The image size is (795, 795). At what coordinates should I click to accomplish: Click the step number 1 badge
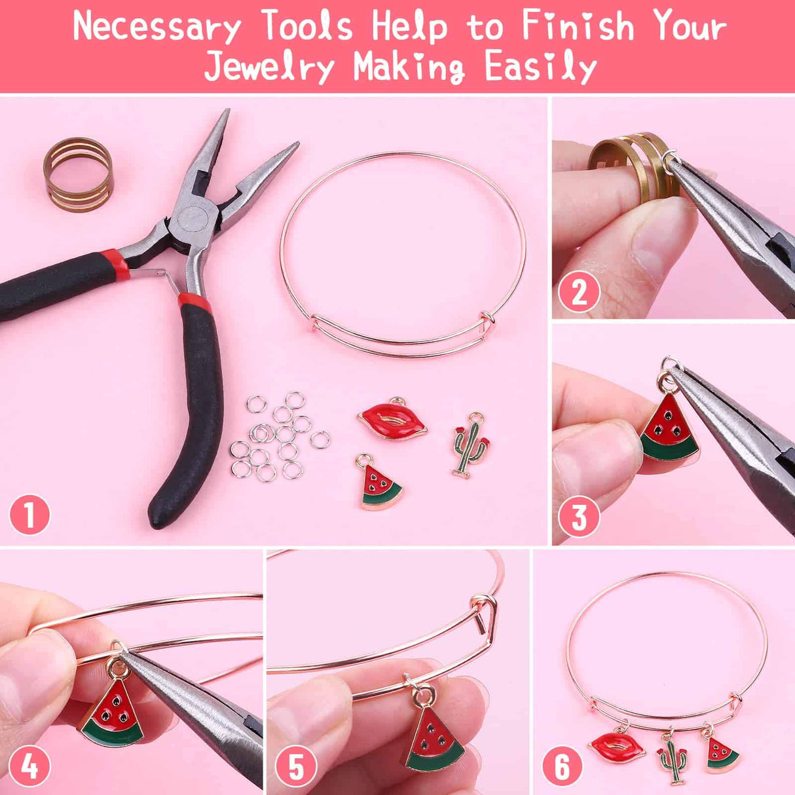[29, 515]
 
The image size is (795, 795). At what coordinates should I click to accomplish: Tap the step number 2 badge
[579, 291]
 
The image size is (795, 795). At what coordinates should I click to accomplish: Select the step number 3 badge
[579, 517]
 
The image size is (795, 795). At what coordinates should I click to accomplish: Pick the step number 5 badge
[296, 766]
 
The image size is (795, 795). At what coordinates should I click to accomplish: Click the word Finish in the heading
[578, 26]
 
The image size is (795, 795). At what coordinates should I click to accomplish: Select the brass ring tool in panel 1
[78, 174]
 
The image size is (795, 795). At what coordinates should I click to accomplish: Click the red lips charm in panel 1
[392, 420]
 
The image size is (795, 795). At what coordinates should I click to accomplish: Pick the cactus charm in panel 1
[470, 446]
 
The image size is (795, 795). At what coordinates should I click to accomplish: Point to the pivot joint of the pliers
[193, 221]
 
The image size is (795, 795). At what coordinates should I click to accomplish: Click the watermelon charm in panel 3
[668, 429]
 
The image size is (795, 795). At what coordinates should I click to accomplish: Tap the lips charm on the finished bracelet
[617, 747]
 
